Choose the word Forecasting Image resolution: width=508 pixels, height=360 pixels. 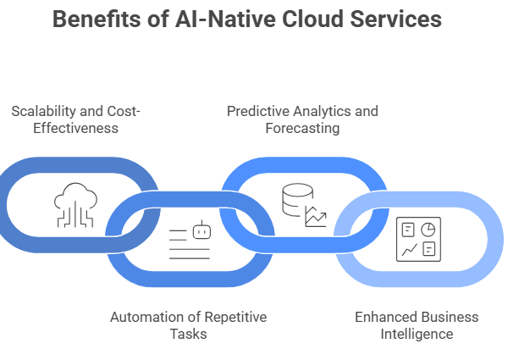tap(302, 129)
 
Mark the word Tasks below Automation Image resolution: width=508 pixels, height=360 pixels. tap(188, 334)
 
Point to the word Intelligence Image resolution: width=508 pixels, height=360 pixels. tap(417, 334)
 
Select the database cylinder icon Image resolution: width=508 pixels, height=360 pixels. tap(293, 202)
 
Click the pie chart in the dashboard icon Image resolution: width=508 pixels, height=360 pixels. tap(429, 229)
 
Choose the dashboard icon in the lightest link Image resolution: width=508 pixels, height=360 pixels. tap(417, 239)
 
